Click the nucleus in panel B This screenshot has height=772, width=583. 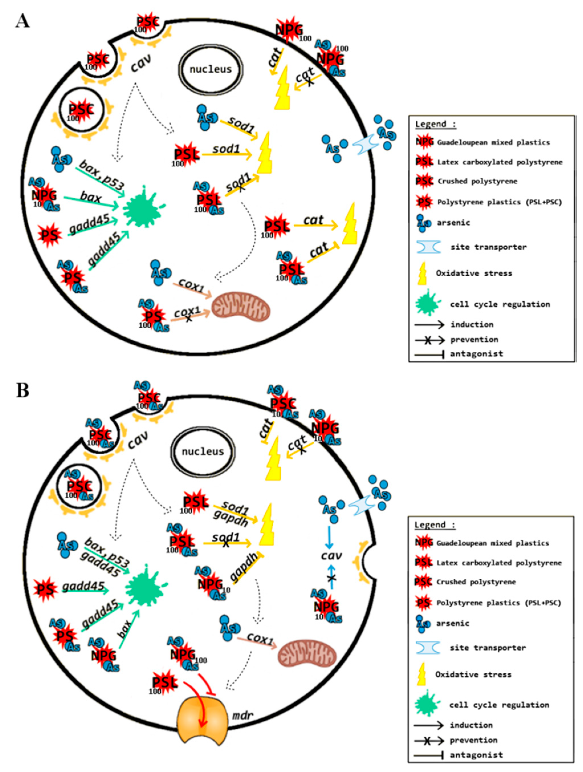tap(203, 451)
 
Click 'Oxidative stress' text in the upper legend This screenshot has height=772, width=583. tap(474, 273)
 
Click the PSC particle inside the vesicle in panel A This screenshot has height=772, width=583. tap(81, 110)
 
